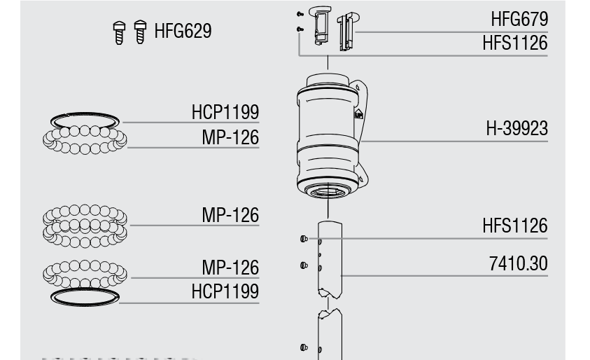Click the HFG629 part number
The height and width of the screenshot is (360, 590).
click(183, 31)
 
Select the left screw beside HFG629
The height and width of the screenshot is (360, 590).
click(119, 33)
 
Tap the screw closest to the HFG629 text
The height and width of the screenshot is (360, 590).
click(141, 32)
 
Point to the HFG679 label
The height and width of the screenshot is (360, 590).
click(519, 19)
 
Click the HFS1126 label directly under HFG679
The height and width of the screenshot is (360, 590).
click(515, 43)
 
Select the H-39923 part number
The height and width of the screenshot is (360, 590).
click(517, 128)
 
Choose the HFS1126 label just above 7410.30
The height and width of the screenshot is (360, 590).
click(515, 226)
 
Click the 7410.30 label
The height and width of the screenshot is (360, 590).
click(519, 263)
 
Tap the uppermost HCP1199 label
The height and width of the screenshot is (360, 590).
click(225, 112)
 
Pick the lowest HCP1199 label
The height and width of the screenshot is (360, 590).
click(225, 291)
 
